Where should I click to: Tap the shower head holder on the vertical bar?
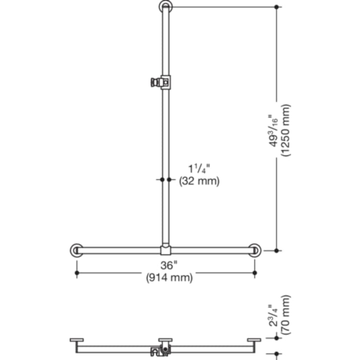(x=160, y=82)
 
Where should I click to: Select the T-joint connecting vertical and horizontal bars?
(x=165, y=250)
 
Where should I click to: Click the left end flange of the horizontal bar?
(x=76, y=250)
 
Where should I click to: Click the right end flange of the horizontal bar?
(x=254, y=250)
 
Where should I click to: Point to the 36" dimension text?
(x=168, y=266)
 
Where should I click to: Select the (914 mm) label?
(x=169, y=278)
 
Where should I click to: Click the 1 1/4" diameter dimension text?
(x=198, y=169)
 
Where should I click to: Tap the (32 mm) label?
(x=198, y=181)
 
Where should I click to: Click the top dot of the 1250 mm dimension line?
(x=277, y=7)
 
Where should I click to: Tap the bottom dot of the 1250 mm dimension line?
(x=277, y=250)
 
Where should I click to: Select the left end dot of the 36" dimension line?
(x=76, y=272)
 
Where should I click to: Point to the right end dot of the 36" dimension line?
(x=254, y=272)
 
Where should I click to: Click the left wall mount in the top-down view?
(x=77, y=339)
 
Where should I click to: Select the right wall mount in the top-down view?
(x=254, y=339)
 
